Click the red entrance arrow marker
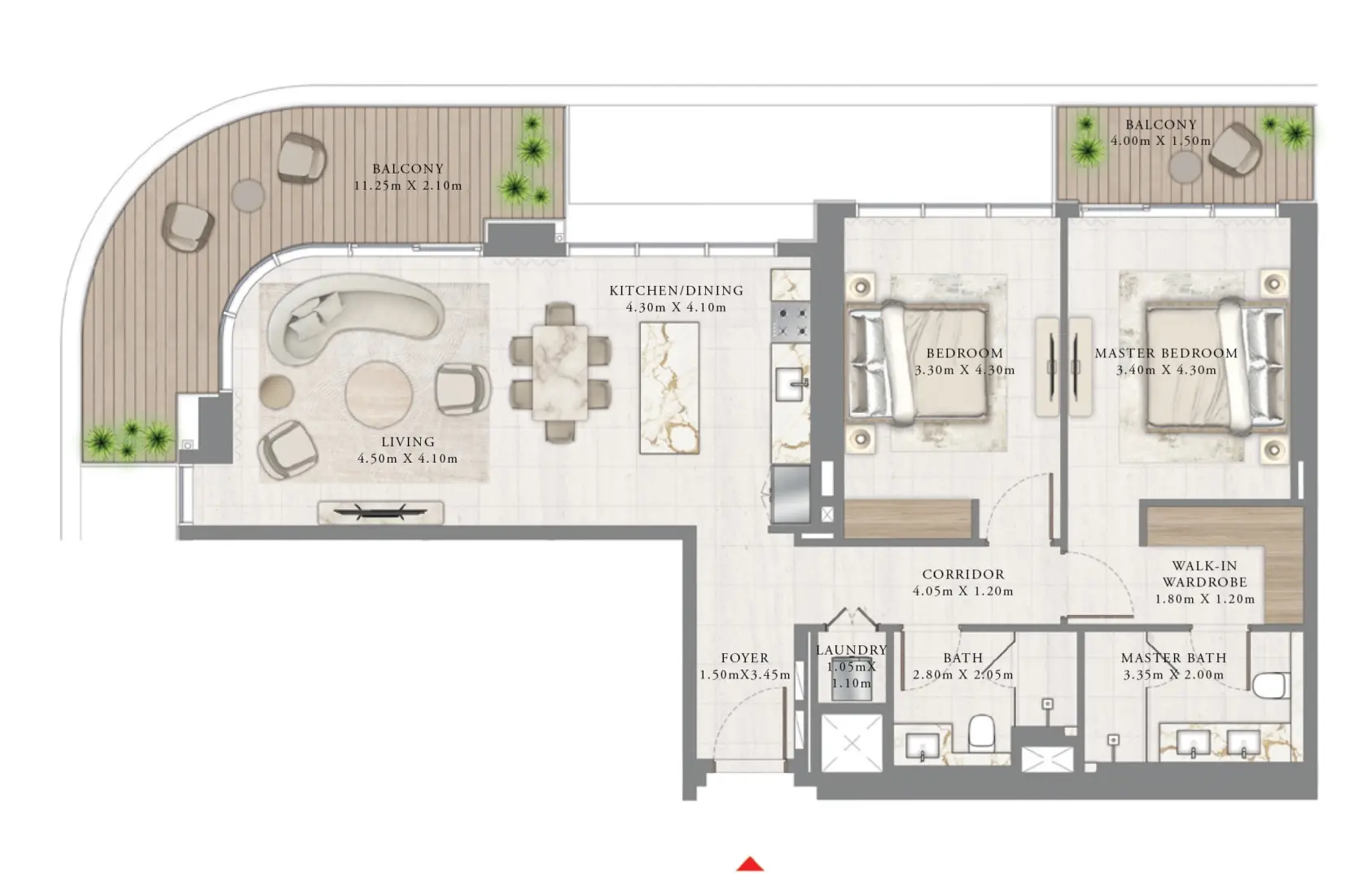click(750, 864)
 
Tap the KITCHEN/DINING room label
click(676, 291)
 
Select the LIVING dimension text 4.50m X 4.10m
click(407, 459)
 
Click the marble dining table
click(560, 372)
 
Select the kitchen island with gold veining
click(669, 388)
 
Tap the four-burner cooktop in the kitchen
click(790, 321)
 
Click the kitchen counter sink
click(791, 384)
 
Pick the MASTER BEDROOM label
click(1166, 354)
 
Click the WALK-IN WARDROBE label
click(1204, 574)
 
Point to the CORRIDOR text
click(963, 575)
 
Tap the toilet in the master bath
click(1269, 686)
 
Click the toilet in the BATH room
click(982, 731)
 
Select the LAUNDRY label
click(851, 650)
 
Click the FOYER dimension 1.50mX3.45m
click(745, 675)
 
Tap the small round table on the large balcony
click(248, 195)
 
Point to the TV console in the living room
click(380, 512)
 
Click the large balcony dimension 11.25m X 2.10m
click(407, 187)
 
